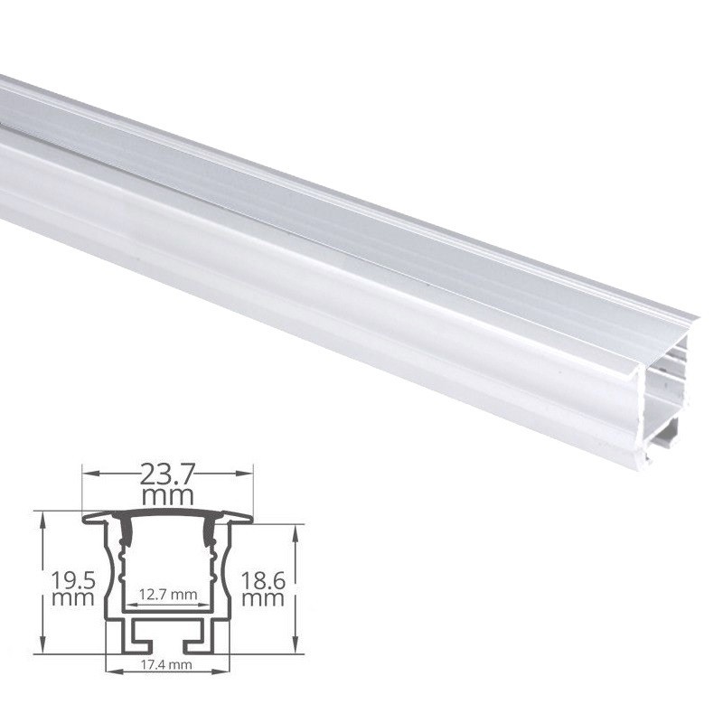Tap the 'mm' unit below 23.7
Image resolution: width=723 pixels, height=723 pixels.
tap(167, 496)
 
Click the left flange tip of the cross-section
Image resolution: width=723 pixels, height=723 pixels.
tap(87, 519)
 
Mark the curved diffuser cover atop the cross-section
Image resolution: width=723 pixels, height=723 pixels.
tap(167, 513)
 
